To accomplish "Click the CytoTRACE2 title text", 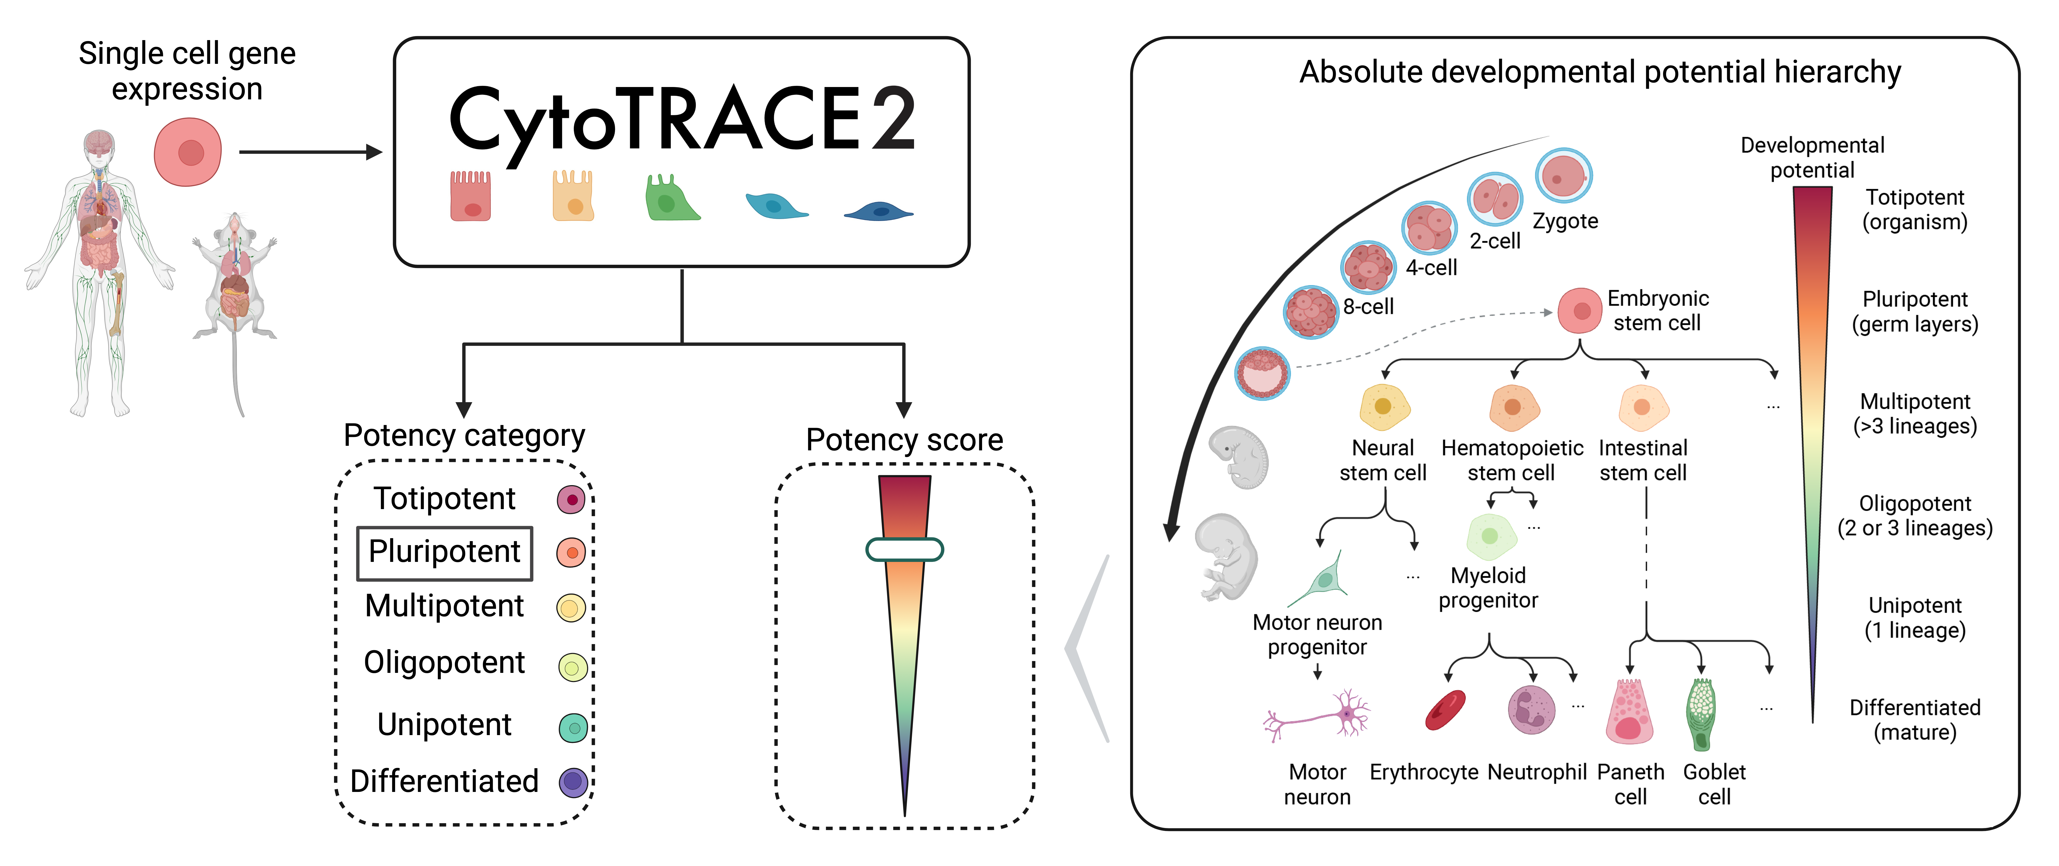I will click(x=682, y=120).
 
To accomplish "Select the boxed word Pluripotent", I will click(x=444, y=552).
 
